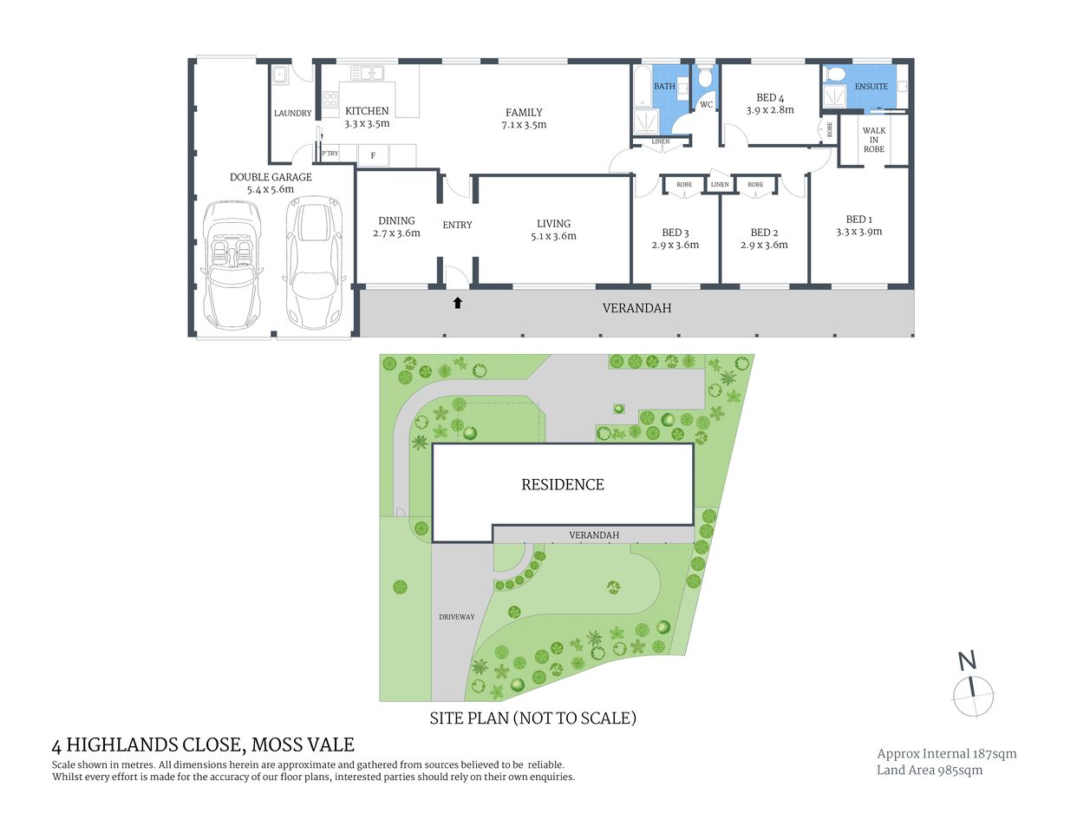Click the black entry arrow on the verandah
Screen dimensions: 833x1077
click(458, 303)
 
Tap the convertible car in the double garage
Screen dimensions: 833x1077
click(232, 265)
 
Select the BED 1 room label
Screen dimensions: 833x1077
click(858, 220)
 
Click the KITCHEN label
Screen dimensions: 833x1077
click(367, 111)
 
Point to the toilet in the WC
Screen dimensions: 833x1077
click(705, 80)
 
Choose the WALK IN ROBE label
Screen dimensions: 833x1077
click(873, 140)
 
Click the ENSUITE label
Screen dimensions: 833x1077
click(871, 87)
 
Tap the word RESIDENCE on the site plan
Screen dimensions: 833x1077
click(563, 485)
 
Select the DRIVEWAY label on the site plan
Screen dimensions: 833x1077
click(456, 617)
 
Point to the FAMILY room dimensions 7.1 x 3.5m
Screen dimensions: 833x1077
click(524, 125)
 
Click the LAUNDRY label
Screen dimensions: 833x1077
click(292, 114)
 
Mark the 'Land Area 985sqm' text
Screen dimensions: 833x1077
click(930, 771)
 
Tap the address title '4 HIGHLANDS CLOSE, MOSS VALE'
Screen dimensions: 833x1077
click(203, 744)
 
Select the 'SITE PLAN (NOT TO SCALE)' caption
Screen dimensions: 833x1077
click(533, 718)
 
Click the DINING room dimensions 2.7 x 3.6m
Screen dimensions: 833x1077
click(396, 233)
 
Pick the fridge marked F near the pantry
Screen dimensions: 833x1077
click(373, 155)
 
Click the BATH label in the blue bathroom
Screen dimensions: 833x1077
click(664, 87)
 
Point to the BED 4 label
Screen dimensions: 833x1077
click(770, 98)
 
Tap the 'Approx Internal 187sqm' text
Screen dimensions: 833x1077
click(946, 754)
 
